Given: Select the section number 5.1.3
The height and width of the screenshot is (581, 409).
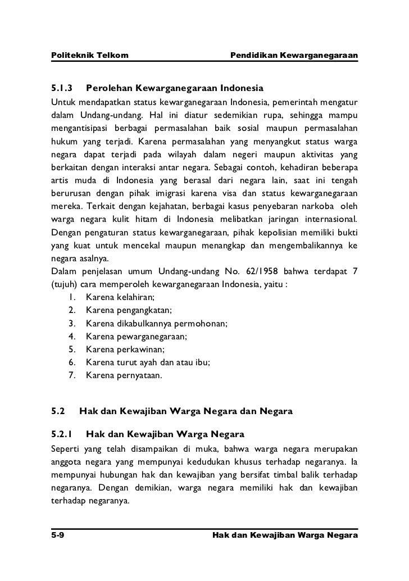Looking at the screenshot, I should click(x=62, y=89).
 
